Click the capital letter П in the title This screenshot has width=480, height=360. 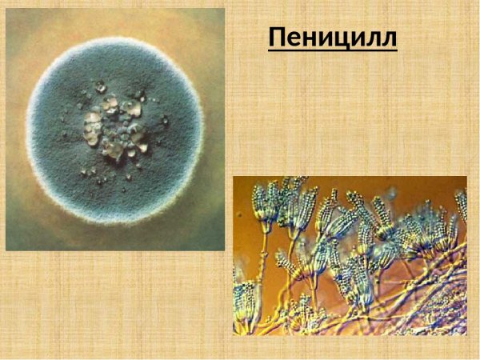coord(278,37)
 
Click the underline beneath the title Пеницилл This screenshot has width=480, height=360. coord(332,50)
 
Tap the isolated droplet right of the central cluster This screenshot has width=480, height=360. coord(164,121)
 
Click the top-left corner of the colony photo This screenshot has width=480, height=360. coord(7,10)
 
